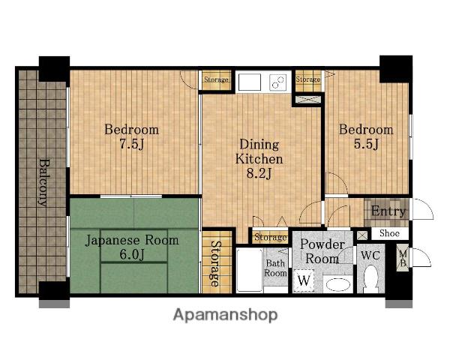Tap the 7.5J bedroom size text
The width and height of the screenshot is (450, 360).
pos(131,144)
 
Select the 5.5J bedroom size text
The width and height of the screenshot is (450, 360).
pos(366,144)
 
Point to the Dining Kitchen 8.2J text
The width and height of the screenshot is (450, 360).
pos(259,159)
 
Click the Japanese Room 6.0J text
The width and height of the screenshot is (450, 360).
pos(132,247)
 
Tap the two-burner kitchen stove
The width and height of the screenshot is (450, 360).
pos(277,82)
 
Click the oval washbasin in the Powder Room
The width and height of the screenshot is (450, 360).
pos(338,285)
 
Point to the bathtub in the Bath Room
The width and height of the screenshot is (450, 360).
pos(250,271)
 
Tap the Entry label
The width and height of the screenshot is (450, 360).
pos(388,211)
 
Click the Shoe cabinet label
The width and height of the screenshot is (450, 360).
pos(389,233)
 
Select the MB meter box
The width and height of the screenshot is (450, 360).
pos(403,258)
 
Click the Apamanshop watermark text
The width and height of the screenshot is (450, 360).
pos(225,315)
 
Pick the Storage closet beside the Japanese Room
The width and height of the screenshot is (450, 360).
pos(217,262)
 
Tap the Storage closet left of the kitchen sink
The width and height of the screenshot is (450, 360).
pos(217,79)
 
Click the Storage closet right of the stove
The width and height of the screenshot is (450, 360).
pos(308,79)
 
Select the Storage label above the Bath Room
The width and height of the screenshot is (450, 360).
pos(270,238)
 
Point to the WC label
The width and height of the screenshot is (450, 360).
pos(370,255)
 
